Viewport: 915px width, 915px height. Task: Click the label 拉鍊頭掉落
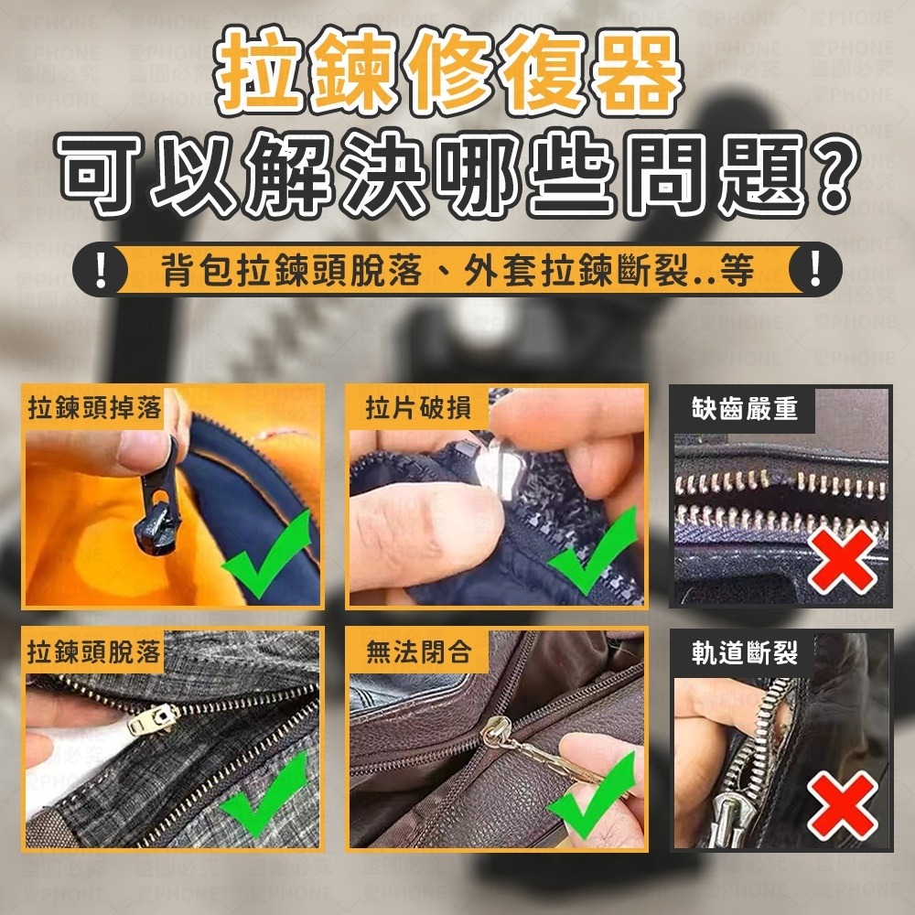pos(93,408)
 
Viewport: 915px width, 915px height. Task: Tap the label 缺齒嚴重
pos(745,409)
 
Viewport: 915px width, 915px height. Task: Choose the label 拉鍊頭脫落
pos(93,651)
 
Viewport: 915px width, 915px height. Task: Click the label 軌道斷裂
pos(745,652)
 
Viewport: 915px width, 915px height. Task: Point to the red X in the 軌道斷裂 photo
pos(841,802)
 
